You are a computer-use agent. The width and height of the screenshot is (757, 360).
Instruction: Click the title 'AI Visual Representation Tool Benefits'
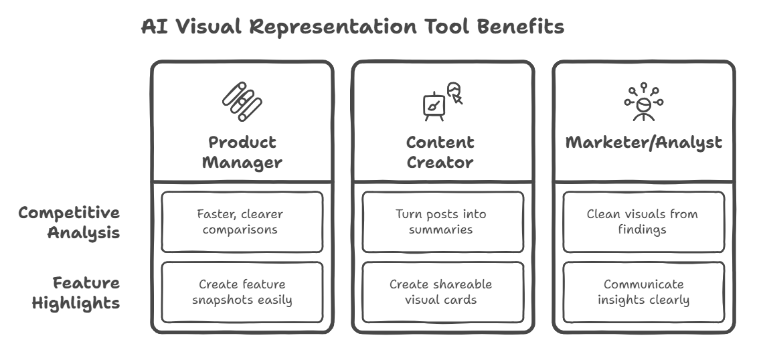click(353, 27)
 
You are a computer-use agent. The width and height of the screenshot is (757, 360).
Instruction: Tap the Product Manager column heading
click(242, 152)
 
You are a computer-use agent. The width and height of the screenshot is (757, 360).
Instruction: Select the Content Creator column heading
click(440, 152)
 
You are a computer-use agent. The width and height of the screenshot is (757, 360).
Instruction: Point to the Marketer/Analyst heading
click(643, 143)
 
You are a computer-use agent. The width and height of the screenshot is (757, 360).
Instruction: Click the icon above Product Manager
click(242, 102)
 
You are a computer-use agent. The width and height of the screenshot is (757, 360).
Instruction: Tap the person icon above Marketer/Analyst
click(643, 102)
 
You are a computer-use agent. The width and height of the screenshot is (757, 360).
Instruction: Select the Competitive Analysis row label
click(69, 223)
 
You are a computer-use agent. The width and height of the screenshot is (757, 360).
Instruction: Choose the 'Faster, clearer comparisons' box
click(242, 222)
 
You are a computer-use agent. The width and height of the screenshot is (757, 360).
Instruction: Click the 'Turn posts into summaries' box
click(442, 222)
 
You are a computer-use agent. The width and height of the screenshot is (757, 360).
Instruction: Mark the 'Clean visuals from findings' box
click(643, 222)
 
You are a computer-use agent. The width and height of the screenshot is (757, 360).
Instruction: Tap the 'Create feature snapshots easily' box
click(242, 292)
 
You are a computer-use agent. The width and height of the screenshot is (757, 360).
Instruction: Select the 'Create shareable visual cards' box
click(442, 292)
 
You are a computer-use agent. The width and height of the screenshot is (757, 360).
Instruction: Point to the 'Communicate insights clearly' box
click(643, 292)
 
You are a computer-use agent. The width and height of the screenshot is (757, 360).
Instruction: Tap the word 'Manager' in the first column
click(242, 163)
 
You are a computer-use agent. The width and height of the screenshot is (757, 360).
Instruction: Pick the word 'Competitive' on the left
click(69, 213)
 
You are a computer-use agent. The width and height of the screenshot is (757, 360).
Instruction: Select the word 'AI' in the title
click(153, 27)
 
